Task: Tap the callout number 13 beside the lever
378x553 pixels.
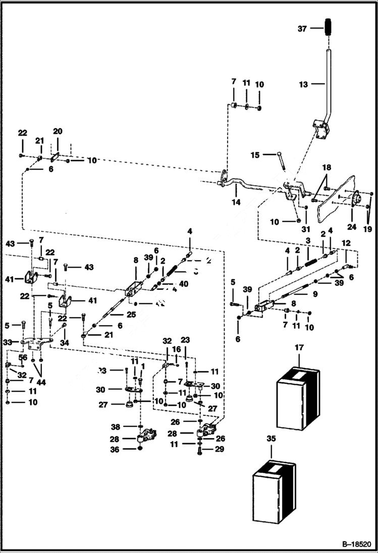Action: click(303, 85)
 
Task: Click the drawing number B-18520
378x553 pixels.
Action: click(355, 544)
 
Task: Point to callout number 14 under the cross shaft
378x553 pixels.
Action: click(236, 202)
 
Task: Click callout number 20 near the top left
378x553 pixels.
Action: click(58, 131)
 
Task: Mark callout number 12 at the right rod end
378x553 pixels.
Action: click(345, 243)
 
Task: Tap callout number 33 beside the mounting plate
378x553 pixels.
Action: click(7, 342)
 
